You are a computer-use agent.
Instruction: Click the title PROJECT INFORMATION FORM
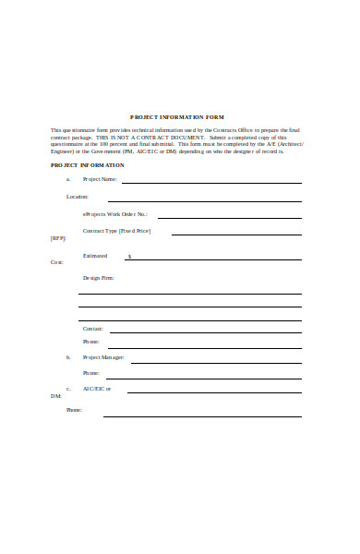coord(176,117)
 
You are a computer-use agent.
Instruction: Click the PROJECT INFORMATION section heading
coord(87,164)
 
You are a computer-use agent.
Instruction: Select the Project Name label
coord(100,179)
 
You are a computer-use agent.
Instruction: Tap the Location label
coord(77,197)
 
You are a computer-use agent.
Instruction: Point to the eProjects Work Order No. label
coord(115,213)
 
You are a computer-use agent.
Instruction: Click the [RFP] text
coord(57,237)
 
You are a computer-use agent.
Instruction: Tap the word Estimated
coord(95,255)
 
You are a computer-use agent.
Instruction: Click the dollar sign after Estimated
coord(129,257)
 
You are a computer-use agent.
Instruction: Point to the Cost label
coord(57,262)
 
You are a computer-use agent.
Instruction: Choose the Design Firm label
coord(99,277)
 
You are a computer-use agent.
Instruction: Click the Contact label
coord(93,328)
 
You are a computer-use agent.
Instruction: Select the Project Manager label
coord(103,356)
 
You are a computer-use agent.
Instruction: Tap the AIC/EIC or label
coord(97,389)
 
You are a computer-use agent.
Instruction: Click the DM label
coord(55,395)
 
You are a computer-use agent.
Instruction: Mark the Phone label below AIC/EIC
coord(74,409)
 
